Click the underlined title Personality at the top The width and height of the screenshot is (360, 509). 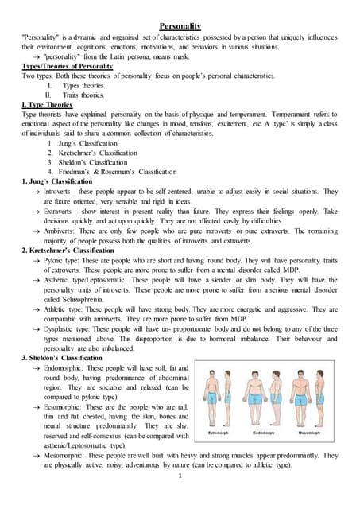click(x=180, y=26)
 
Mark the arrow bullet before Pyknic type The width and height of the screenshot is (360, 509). click(x=36, y=260)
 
